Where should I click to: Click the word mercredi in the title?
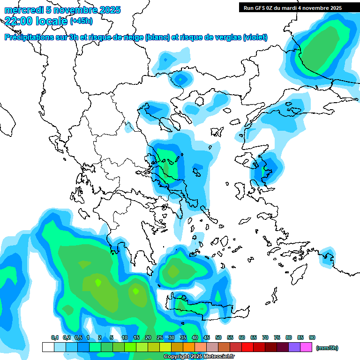(20, 10)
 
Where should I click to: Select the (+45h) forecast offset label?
(81, 21)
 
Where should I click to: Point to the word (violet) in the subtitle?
(255, 37)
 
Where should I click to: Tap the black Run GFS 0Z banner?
(292, 7)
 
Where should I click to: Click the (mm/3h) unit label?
(327, 348)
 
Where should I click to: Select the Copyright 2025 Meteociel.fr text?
(199, 357)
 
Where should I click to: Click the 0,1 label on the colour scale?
(54, 337)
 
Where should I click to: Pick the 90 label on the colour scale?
(312, 337)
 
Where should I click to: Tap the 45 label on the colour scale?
(207, 337)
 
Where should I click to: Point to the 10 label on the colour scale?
(125, 337)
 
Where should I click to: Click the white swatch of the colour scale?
(48, 347)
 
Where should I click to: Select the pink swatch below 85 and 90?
(306, 347)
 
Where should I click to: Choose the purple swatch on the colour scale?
(294, 347)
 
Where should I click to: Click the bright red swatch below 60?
(247, 347)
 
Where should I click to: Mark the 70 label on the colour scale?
(265, 337)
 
